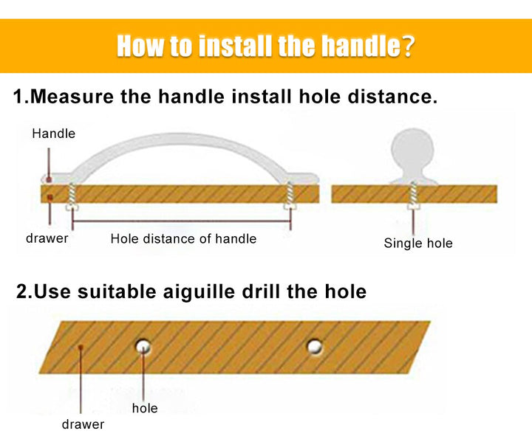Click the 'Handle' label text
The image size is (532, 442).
click(x=54, y=134)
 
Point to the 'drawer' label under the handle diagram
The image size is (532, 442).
click(x=47, y=238)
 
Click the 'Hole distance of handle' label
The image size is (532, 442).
click(x=183, y=238)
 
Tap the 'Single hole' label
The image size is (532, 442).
click(x=418, y=243)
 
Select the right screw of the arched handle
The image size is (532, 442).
click(x=290, y=196)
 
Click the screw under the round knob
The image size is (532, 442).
click(x=413, y=196)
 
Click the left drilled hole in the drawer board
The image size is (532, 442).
click(x=143, y=346)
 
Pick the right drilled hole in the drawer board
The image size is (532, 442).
click(x=315, y=347)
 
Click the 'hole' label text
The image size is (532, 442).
click(x=145, y=408)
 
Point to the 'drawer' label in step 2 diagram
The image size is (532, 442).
click(x=83, y=424)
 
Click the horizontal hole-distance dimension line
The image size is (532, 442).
click(x=181, y=221)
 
